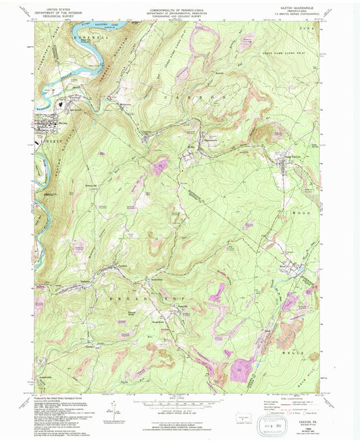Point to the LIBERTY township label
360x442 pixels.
pyautogui.click(x=51, y=140)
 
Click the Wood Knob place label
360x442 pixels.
pyautogui.click(x=155, y=323)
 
